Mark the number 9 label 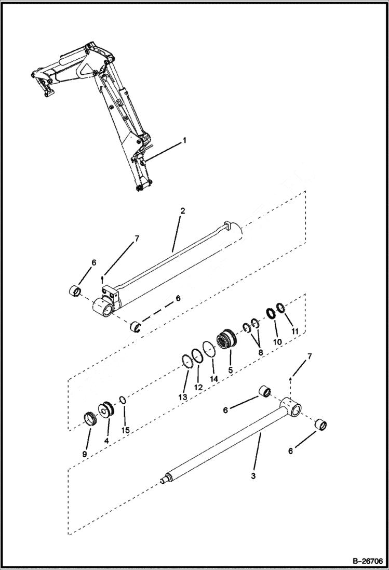(85, 454)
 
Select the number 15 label (125, 430)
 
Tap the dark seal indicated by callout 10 (271, 314)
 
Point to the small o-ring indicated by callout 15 (122, 400)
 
